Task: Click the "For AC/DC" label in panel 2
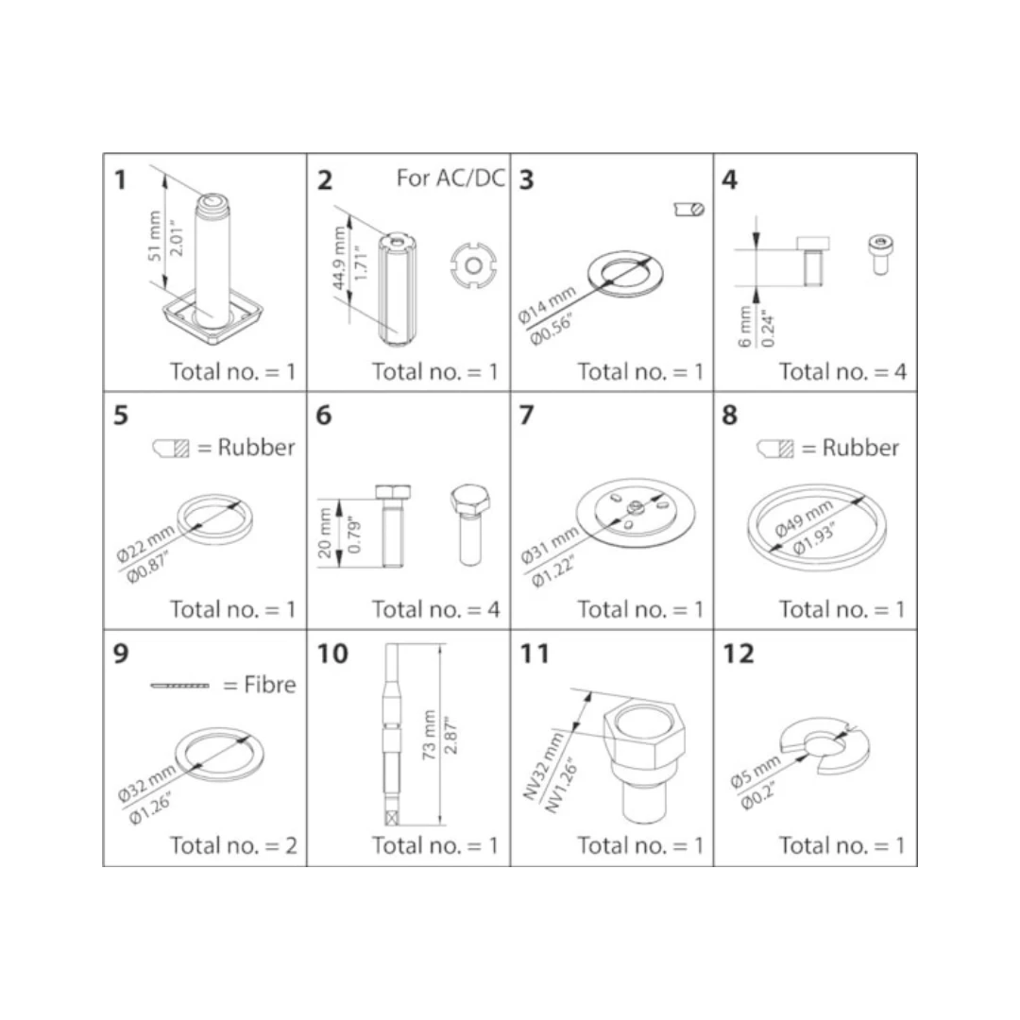[x=450, y=178]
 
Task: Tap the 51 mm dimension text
[x=154, y=235]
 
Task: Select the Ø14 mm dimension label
[x=547, y=304]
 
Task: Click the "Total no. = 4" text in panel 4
[x=842, y=371]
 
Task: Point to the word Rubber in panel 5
[x=256, y=447]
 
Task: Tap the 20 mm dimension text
[x=325, y=533]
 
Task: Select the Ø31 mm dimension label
[x=549, y=545]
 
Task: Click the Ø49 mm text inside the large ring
[x=804, y=518]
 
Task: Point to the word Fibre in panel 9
[x=270, y=685]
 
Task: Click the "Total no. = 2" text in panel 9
[x=233, y=845]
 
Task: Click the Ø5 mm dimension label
[x=755, y=773]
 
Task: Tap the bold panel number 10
[x=332, y=654]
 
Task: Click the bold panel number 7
[x=526, y=415]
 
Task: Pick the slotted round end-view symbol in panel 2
[x=473, y=265]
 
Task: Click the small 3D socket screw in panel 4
[x=880, y=254]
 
